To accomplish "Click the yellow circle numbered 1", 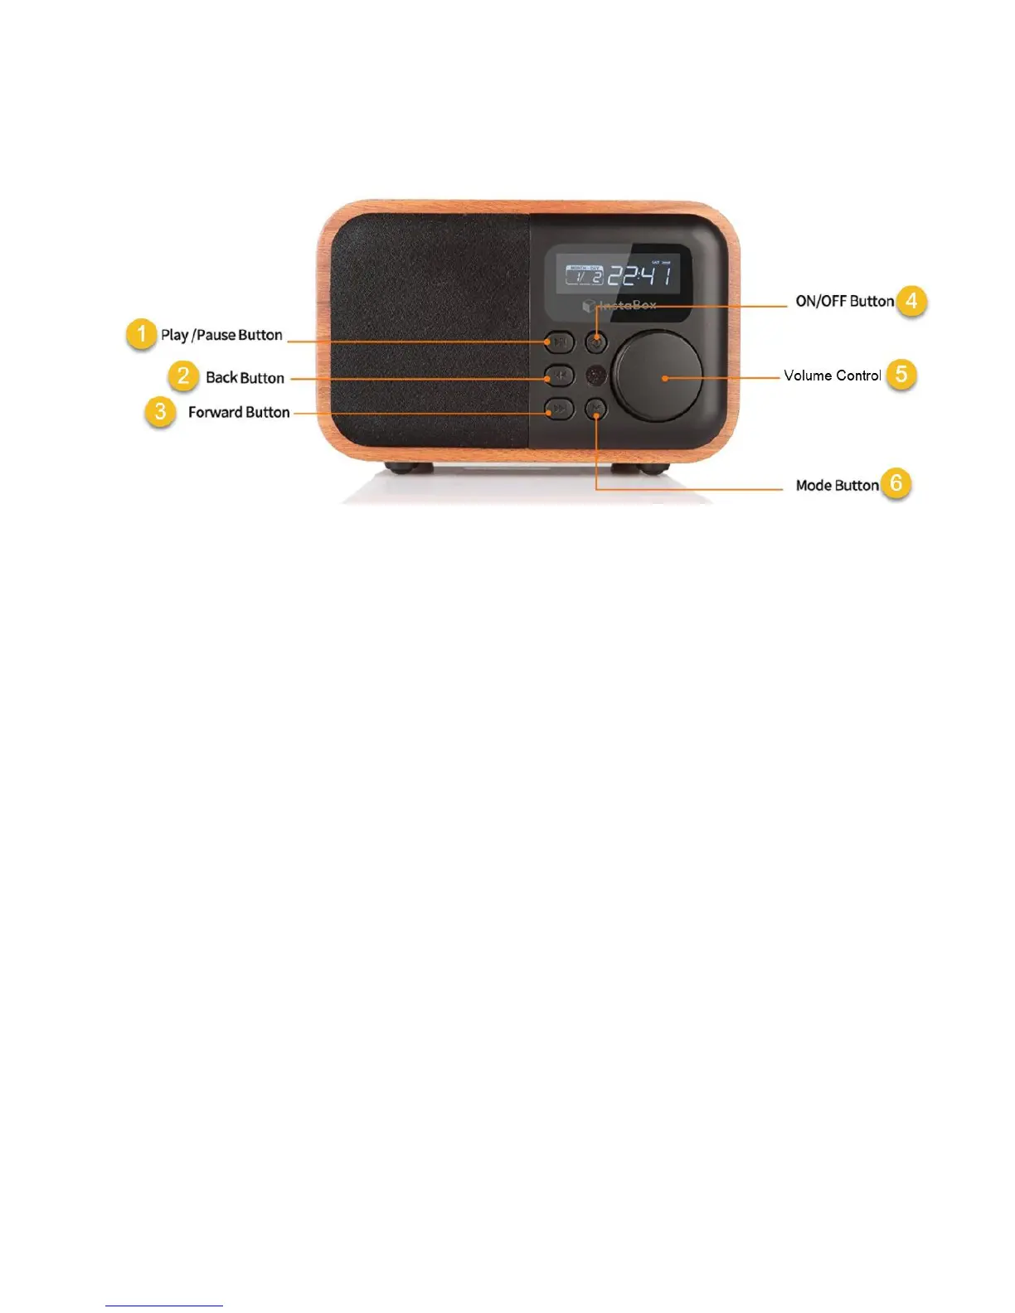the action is tap(142, 334).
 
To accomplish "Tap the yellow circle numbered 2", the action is tap(183, 375).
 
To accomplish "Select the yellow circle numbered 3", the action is tap(160, 411).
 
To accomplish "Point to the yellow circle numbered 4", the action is tap(911, 300).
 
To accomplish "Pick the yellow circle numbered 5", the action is tap(901, 374).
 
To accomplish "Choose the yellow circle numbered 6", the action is tap(896, 483).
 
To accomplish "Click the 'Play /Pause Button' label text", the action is tap(221, 335).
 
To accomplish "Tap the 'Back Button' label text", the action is tap(245, 378).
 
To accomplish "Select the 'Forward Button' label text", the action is tap(239, 412).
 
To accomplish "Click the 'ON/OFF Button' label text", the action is tap(844, 301).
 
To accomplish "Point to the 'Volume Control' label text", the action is tap(832, 375).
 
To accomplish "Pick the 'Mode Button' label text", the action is tap(837, 485).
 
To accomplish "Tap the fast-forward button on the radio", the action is tap(560, 409).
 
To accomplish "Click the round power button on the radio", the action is tap(595, 341).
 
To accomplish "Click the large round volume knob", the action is tap(658, 377).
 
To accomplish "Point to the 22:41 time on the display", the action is tap(640, 275).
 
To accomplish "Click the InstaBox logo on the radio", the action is tap(620, 306).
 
